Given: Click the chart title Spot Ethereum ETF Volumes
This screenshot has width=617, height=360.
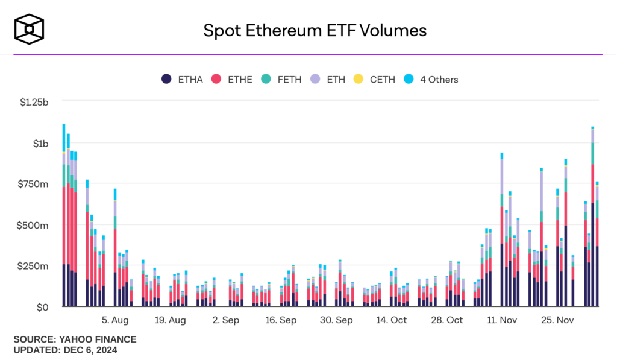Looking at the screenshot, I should tap(315, 30).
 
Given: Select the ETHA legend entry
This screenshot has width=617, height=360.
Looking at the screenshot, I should tap(183, 79).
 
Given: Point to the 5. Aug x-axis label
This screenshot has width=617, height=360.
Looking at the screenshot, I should tap(115, 320).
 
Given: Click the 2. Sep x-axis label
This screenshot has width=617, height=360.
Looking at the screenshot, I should tap(226, 320).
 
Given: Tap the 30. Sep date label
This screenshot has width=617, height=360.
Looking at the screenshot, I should tap(336, 320).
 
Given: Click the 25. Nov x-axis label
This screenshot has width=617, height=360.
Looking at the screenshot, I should tap(557, 320).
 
